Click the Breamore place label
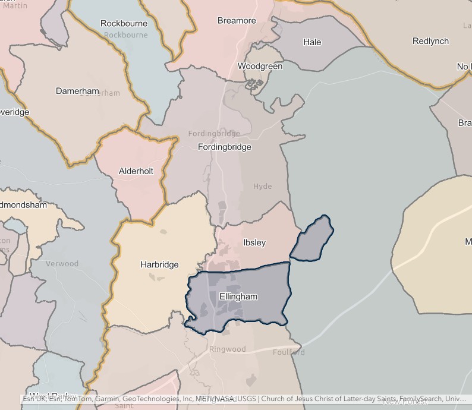[x=237, y=21]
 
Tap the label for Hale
[x=312, y=42]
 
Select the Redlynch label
[x=430, y=41]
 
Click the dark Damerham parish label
[x=77, y=91]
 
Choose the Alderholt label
[x=136, y=171]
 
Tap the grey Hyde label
[x=262, y=187]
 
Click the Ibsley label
[x=254, y=242]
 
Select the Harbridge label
[x=159, y=264]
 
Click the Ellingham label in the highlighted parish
[x=238, y=297]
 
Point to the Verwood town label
[x=62, y=263]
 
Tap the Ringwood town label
[x=227, y=349]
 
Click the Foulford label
[x=289, y=352]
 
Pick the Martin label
[x=15, y=5]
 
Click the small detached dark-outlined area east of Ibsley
[x=313, y=239]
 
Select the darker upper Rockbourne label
[x=124, y=24]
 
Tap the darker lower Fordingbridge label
[x=225, y=147]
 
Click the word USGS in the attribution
[x=246, y=399]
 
